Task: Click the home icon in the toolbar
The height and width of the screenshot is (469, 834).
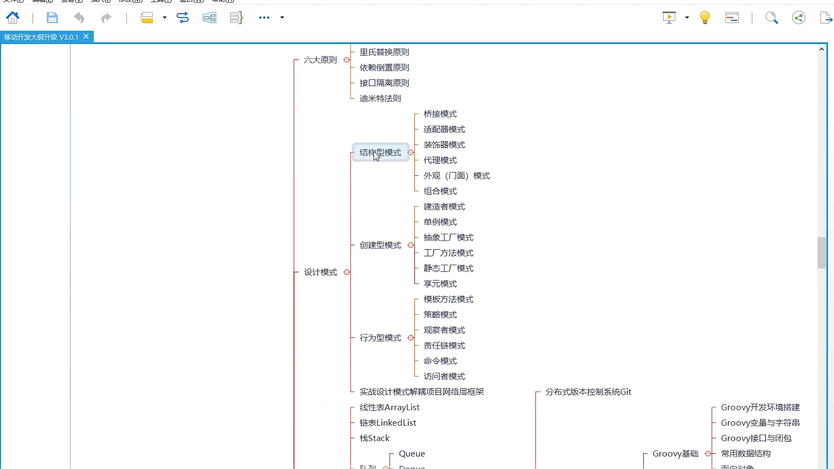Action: coord(13,17)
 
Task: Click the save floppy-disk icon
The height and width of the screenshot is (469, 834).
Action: coord(52,17)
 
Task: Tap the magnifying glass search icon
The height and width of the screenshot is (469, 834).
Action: coord(771,17)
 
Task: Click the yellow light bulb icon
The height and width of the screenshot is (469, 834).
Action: coord(705,17)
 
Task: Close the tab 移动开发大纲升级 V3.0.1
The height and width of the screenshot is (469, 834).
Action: coord(86,37)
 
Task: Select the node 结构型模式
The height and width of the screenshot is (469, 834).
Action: coord(380,152)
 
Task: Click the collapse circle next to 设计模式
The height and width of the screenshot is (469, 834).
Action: coord(347,272)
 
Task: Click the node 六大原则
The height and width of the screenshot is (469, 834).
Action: coord(320,60)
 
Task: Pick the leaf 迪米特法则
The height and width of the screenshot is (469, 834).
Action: coord(380,99)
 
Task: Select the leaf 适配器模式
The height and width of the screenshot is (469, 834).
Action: coord(444,129)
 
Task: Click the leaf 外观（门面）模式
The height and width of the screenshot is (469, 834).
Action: coord(457,176)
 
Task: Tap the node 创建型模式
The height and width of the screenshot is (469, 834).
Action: coord(380,245)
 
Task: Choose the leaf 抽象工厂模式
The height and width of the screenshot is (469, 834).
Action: coord(448,238)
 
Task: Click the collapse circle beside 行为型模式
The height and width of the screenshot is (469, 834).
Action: coord(411,338)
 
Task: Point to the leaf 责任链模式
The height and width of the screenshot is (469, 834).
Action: coord(444,346)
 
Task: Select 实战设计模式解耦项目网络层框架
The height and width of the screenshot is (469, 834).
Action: coord(421,392)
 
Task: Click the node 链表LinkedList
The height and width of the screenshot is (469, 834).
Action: coord(387,423)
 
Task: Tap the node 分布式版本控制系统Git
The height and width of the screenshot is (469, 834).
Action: coord(588,392)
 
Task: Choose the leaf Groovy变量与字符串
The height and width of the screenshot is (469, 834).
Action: coord(760,423)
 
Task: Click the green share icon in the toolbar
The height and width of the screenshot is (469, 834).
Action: coord(798,17)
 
